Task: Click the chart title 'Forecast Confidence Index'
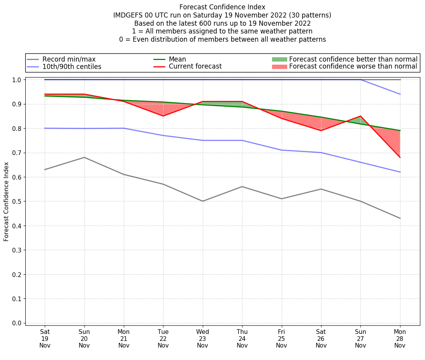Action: click(x=222, y=7)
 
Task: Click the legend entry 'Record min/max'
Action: click(x=68, y=59)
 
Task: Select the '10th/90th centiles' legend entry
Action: click(x=72, y=67)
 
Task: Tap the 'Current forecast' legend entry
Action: click(x=195, y=66)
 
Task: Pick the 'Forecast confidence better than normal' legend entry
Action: click(x=353, y=59)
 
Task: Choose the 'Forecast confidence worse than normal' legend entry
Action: click(x=353, y=67)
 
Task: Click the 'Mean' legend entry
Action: click(x=177, y=59)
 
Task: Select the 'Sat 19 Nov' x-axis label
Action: click(x=45, y=338)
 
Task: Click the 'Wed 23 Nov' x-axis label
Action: click(x=202, y=338)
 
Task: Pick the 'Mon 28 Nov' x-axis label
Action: click(x=400, y=338)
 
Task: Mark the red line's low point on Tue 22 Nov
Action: click(x=163, y=116)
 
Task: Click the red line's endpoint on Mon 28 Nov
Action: click(x=400, y=157)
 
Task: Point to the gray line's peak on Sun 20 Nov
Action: click(x=84, y=157)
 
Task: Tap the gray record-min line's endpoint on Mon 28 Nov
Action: click(x=400, y=218)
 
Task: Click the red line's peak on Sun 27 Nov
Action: click(x=360, y=116)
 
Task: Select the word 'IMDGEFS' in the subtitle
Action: click(x=126, y=15)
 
